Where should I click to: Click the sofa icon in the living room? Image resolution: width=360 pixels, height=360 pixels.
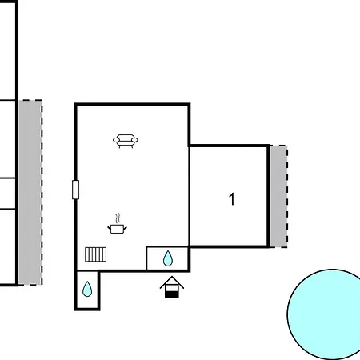126,141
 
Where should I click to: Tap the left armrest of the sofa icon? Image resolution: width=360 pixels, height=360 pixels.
116,140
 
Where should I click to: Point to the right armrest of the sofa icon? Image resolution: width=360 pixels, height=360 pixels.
134,140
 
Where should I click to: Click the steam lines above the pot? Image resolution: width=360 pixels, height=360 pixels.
118,218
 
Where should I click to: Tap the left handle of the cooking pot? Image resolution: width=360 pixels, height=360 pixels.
109,228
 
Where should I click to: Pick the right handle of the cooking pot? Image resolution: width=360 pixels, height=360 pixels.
125,228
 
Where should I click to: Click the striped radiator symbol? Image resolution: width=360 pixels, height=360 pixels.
95,254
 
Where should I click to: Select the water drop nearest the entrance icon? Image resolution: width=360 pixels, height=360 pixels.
168,258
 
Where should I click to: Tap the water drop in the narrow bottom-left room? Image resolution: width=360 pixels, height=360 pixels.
87,290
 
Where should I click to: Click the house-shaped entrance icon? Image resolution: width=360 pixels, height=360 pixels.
172,287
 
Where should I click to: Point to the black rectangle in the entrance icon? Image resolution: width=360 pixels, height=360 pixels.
172,294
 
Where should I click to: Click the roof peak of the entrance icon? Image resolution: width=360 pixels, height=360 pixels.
172,277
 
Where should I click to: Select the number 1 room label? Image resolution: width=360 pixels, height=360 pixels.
232,199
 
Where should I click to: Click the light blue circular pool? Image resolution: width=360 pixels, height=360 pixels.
325,314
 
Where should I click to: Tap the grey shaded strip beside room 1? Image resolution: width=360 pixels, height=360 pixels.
278,196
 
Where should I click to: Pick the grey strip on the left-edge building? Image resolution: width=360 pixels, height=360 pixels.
30,193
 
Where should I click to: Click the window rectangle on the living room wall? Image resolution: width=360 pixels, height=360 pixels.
75,190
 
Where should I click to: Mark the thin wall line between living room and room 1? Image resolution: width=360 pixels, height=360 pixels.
189,196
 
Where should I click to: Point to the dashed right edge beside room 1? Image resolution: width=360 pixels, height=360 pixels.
287,196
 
